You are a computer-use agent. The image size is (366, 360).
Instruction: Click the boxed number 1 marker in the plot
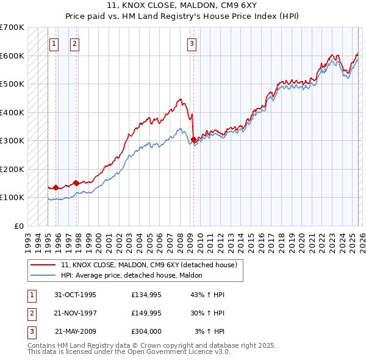click(x=54, y=43)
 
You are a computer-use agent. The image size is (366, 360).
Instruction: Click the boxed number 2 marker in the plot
click(x=74, y=43)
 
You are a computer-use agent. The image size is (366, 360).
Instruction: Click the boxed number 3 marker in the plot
click(x=192, y=43)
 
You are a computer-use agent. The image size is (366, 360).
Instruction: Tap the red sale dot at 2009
click(x=193, y=140)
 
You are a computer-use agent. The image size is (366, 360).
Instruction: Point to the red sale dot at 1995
click(x=56, y=187)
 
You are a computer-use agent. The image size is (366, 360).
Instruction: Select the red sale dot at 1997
click(x=76, y=183)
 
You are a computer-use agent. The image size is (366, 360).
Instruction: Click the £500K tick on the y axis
click(x=12, y=84)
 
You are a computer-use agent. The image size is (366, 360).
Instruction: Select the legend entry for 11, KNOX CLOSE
click(x=152, y=265)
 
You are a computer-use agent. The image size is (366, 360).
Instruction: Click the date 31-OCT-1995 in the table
click(x=75, y=295)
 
